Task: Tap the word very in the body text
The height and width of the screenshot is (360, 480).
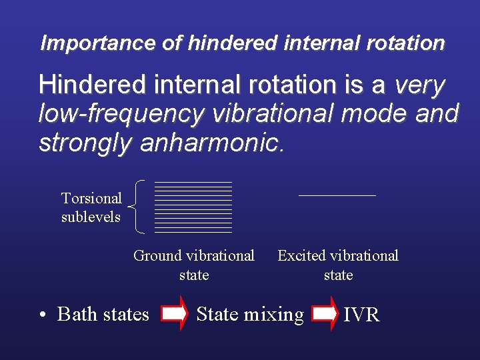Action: point(420,85)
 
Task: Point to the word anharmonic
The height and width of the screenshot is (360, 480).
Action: point(213,143)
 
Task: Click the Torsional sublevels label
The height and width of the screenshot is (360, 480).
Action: point(91,207)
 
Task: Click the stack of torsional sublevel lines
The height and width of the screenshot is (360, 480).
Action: point(193,207)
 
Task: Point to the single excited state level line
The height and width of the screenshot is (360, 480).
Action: point(337,195)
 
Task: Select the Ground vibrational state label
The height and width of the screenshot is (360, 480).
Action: point(194,265)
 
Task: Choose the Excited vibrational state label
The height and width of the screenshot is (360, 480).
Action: point(338,265)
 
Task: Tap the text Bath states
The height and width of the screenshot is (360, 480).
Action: point(103,314)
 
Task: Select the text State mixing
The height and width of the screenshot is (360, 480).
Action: point(250,314)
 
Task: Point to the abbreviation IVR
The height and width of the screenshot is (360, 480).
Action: point(361,315)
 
